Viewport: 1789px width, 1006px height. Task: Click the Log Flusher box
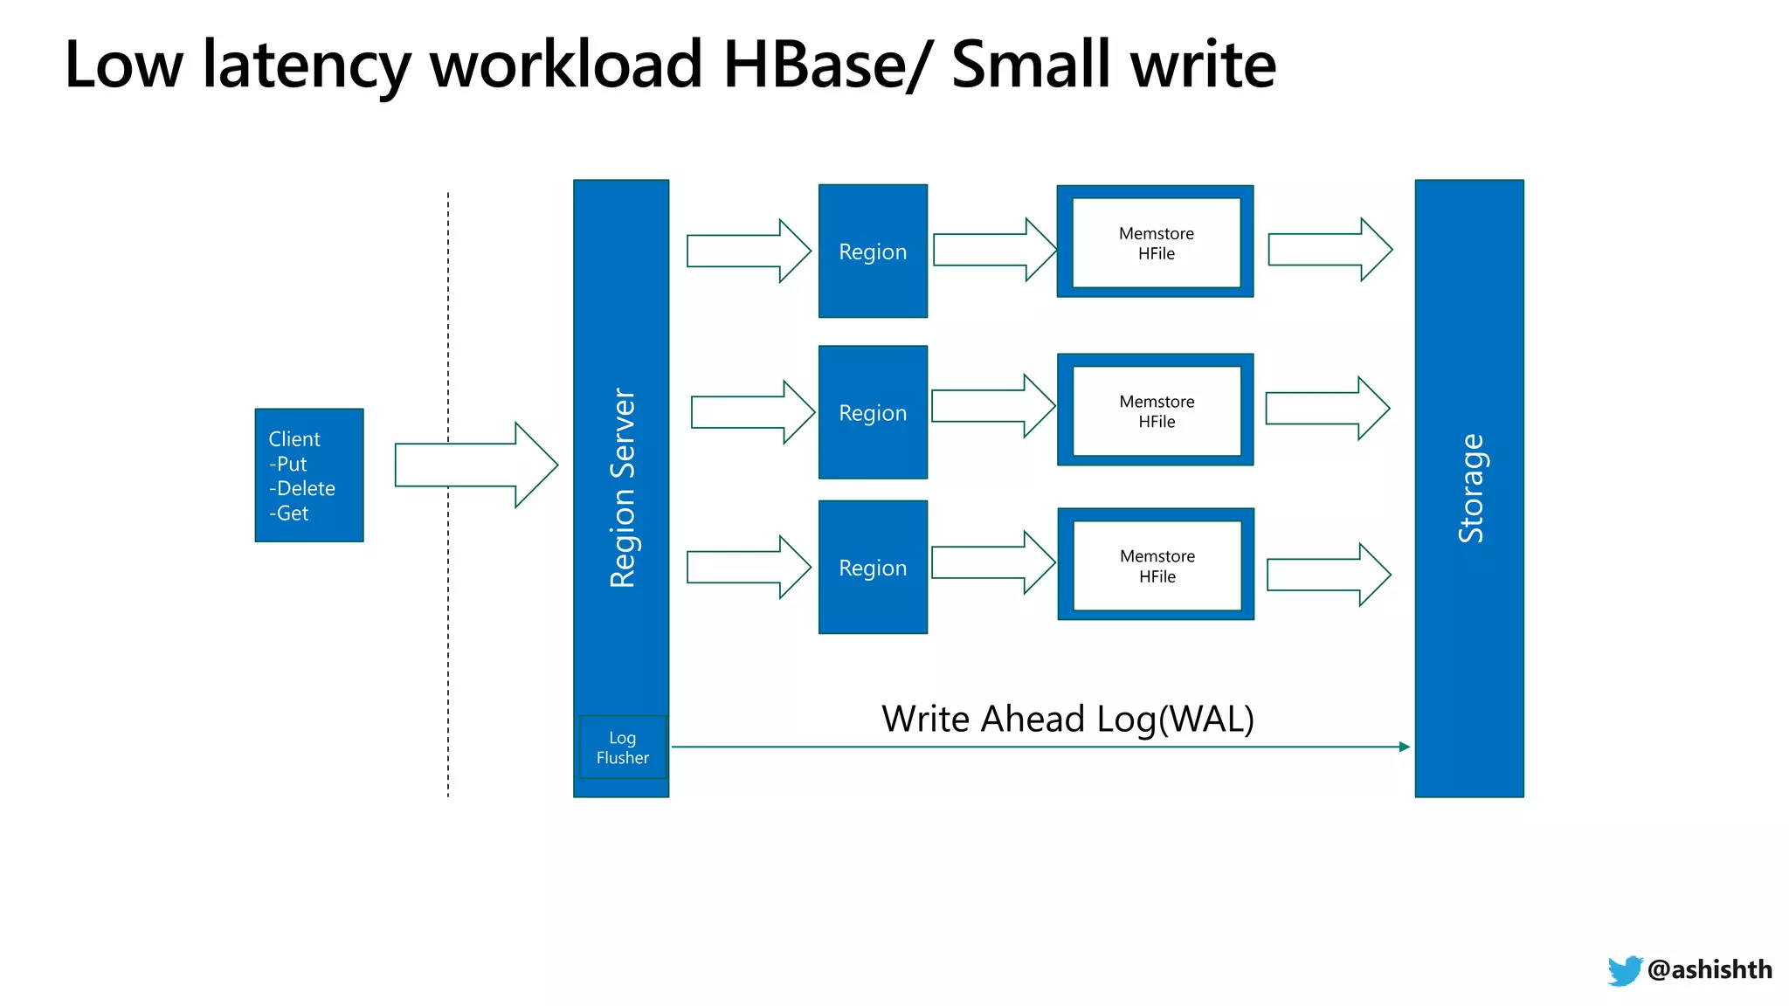click(622, 748)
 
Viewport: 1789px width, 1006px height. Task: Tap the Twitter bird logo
click(1624, 970)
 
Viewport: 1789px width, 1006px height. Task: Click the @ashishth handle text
click(1710, 969)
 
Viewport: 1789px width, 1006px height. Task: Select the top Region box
click(873, 251)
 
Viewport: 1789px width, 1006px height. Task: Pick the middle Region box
click(873, 412)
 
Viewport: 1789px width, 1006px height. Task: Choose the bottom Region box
click(873, 568)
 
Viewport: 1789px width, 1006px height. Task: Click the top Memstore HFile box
click(1156, 243)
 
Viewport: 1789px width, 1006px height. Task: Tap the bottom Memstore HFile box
click(1157, 566)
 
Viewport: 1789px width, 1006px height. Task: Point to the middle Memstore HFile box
click(1156, 410)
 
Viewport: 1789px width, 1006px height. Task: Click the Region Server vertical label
click(622, 487)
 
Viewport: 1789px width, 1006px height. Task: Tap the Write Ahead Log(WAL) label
click(1067, 719)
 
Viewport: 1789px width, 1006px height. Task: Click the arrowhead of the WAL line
click(1404, 747)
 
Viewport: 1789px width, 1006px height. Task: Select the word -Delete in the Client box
click(302, 488)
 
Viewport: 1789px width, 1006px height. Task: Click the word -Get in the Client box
click(289, 513)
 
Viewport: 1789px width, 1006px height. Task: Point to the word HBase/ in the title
click(826, 65)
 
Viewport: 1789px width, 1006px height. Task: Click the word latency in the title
click(307, 65)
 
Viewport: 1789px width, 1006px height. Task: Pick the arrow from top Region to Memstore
click(994, 250)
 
